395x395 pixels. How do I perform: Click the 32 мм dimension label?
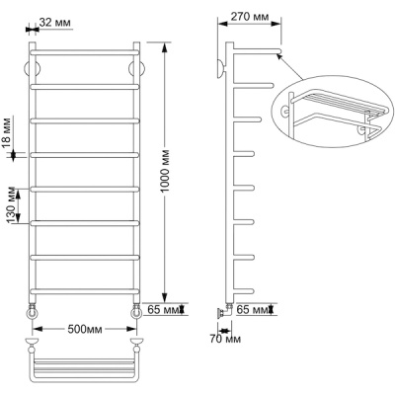point(54,23)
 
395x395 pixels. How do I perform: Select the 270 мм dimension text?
point(249,16)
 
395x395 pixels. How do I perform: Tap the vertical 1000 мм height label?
point(166,171)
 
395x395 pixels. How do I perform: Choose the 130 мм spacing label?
point(12,204)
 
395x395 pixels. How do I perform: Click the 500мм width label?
point(85,329)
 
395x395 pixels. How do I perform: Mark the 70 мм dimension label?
point(225,339)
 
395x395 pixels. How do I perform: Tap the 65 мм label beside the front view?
point(163,309)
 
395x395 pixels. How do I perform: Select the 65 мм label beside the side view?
point(253,309)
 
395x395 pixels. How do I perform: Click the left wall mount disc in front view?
point(33,69)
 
